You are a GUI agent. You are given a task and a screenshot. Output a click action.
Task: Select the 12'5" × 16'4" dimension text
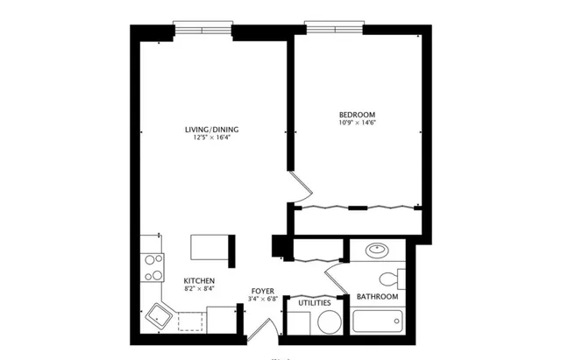click(x=211, y=138)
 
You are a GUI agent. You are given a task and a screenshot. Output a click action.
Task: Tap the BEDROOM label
click(x=357, y=115)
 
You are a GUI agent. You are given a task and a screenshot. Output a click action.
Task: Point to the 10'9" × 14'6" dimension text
click(x=357, y=124)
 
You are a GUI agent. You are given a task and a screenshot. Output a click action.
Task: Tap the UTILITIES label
click(x=314, y=303)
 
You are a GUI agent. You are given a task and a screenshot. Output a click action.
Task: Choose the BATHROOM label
click(x=377, y=297)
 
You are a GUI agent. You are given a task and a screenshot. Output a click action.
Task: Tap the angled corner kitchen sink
click(x=159, y=316)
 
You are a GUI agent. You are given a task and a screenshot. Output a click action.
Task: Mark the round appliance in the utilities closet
click(x=328, y=322)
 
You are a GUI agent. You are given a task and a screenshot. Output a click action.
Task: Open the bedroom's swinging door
click(x=301, y=186)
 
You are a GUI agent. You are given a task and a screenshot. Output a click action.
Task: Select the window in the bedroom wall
click(x=334, y=27)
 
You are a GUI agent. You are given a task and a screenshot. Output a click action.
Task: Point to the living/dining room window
click(x=202, y=27)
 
